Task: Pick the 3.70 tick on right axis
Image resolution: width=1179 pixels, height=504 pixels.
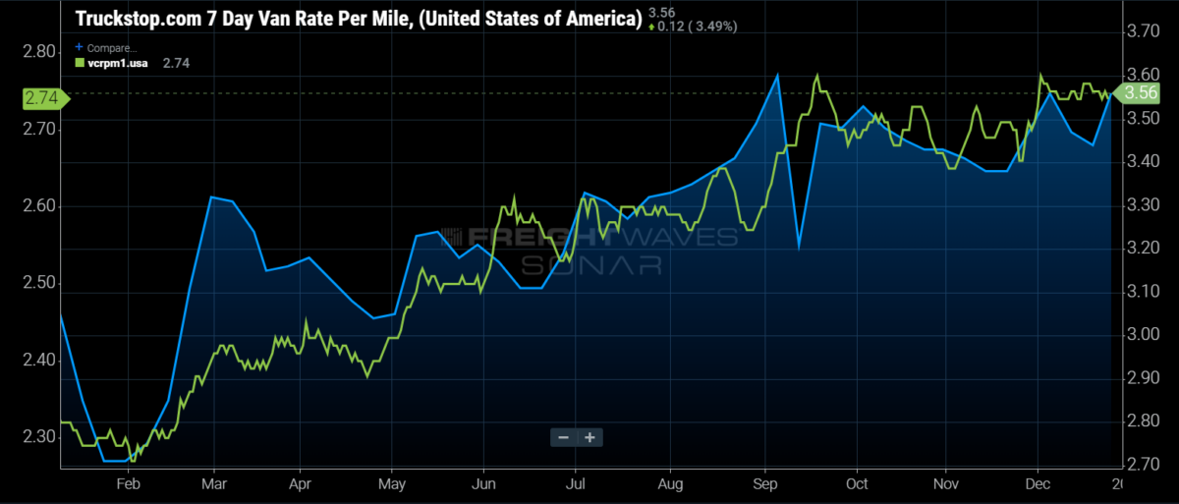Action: pos(1143,31)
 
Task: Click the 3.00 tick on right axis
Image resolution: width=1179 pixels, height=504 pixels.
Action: pos(1143,335)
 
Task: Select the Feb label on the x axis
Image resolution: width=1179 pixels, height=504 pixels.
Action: pos(129,483)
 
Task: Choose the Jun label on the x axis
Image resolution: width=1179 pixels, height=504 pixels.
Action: pos(483,483)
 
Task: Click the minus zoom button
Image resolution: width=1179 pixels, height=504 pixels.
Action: pos(563,437)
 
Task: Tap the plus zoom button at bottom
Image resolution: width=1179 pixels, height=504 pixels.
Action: pos(589,437)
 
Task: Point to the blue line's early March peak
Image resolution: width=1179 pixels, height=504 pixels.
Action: pos(211,197)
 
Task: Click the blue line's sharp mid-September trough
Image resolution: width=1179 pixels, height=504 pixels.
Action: pos(799,247)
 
